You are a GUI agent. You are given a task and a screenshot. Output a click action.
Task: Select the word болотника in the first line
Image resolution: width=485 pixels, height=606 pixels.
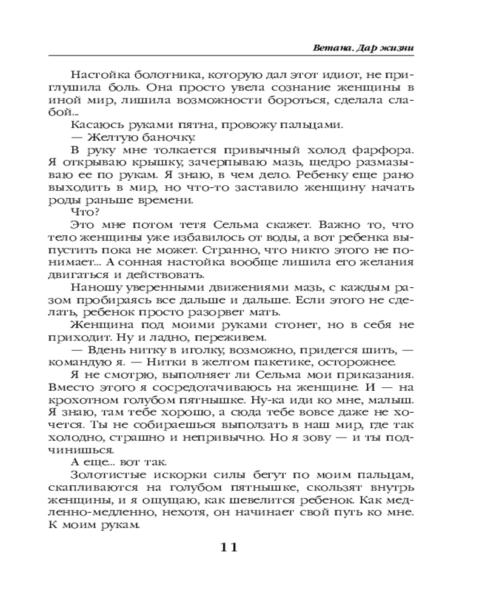(145, 76)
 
